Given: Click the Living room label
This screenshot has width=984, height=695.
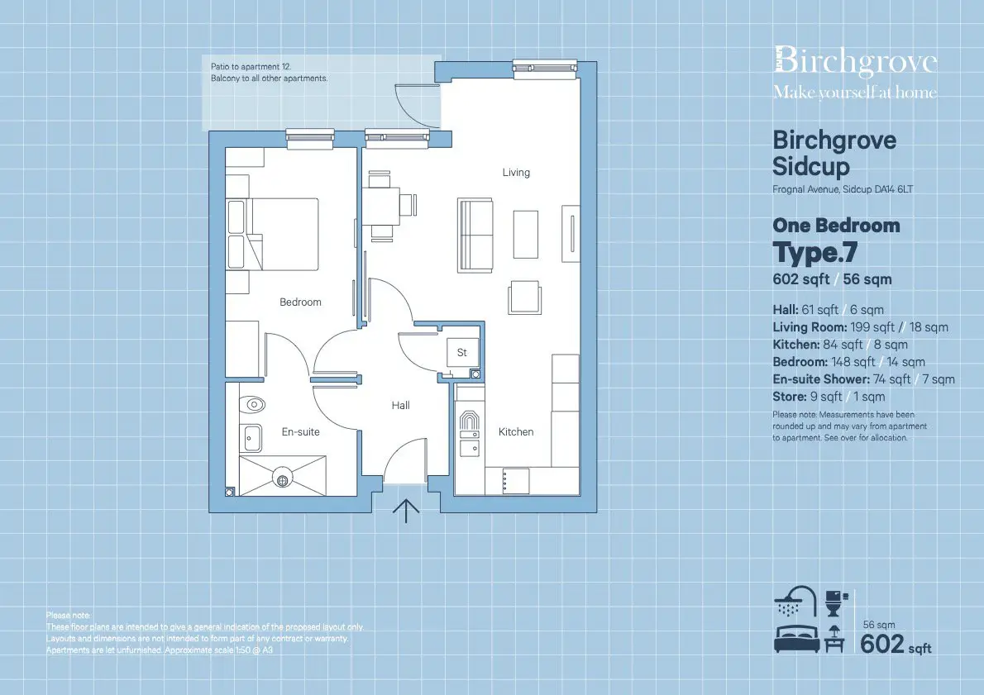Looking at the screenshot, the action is [x=516, y=173].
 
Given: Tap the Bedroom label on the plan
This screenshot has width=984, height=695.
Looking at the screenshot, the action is [x=300, y=302].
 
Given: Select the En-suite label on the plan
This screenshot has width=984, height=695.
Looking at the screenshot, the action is [x=301, y=431].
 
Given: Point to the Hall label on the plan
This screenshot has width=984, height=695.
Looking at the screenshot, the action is [x=400, y=405].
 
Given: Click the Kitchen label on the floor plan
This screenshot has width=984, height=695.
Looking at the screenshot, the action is [x=516, y=431].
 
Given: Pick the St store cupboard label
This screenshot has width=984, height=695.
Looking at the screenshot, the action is [x=462, y=353].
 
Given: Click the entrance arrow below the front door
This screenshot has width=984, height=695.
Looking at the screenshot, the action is [x=406, y=512].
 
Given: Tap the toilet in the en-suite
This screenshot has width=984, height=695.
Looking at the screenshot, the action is [x=252, y=405].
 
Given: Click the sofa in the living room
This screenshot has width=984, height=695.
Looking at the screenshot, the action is [x=475, y=236].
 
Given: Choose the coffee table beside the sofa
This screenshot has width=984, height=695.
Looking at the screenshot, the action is [x=526, y=235].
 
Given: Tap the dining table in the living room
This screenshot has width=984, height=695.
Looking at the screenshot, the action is [x=381, y=207].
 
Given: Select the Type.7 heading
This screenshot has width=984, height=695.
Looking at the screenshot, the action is [x=815, y=252].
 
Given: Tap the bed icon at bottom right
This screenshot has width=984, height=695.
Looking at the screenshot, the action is [x=797, y=639].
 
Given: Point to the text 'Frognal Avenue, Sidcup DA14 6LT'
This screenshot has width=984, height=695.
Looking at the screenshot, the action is [x=843, y=188].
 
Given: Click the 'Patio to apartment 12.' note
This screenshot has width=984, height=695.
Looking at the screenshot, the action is [x=251, y=66].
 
